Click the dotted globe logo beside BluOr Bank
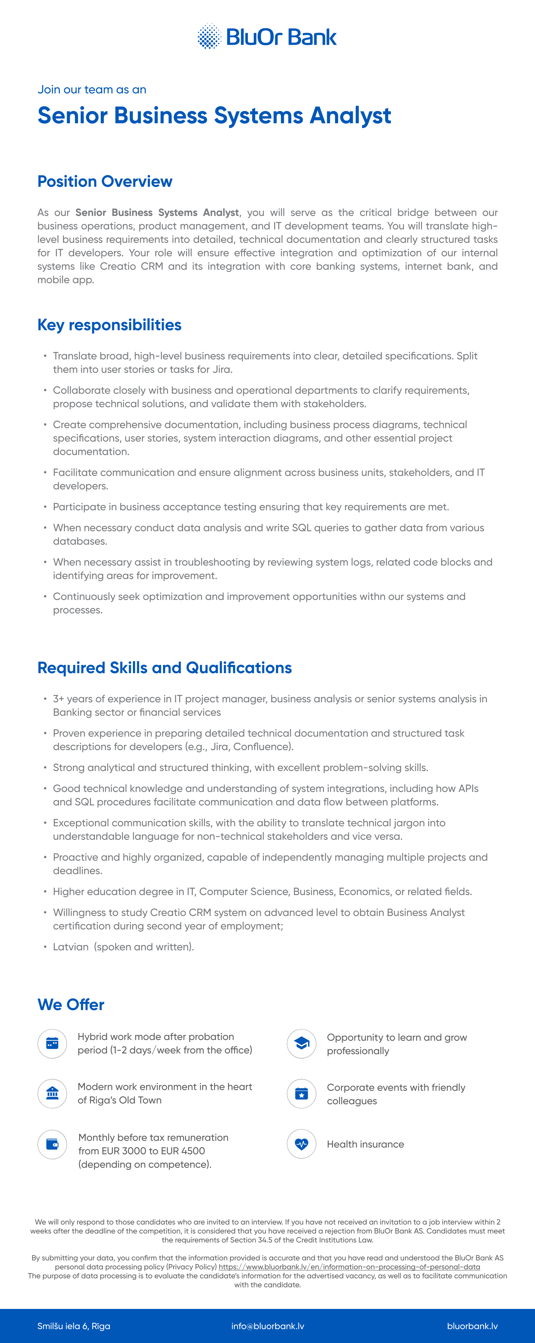click(x=209, y=36)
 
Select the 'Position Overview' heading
click(x=105, y=181)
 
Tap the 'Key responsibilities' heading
click(x=109, y=325)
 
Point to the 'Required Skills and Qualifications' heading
click(x=164, y=668)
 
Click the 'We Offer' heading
click(x=71, y=1004)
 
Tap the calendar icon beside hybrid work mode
click(x=52, y=1043)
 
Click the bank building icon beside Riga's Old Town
click(x=52, y=1093)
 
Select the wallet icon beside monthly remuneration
click(x=52, y=1144)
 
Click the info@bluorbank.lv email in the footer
click(x=268, y=1326)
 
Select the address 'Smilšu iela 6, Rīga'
click(x=73, y=1326)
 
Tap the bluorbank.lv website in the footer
click(x=472, y=1326)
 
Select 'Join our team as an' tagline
click(x=92, y=90)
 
